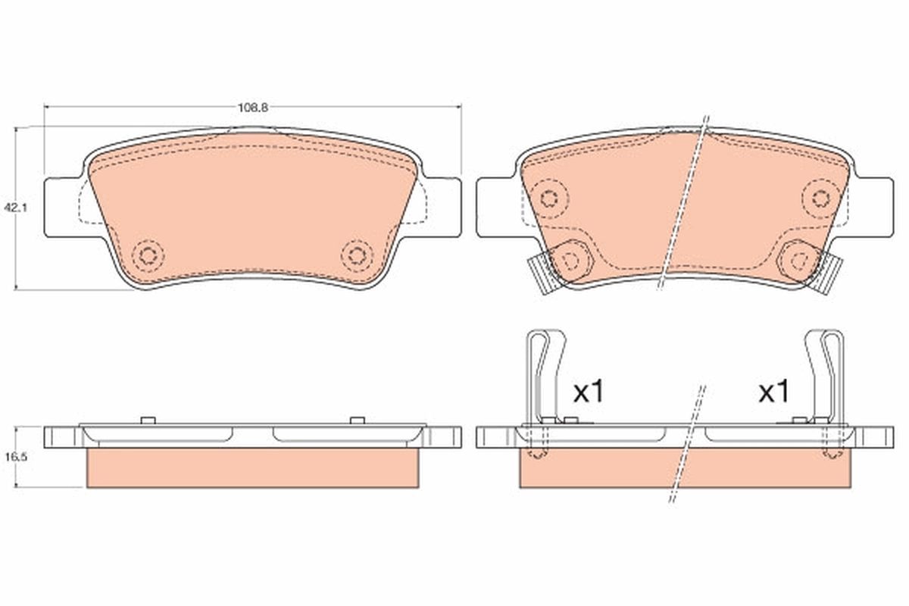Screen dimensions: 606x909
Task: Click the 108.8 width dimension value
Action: tap(253, 108)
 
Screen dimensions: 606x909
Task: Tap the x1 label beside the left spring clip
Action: tap(589, 392)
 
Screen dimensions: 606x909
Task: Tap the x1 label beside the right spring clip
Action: tap(773, 392)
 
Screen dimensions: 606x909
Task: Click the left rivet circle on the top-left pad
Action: tap(148, 255)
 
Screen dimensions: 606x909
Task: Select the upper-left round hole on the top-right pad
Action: tap(550, 198)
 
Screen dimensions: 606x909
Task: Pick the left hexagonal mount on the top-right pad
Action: tap(572, 260)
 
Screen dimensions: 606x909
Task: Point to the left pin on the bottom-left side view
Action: tap(148, 420)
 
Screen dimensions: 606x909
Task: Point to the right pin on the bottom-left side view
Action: tap(358, 420)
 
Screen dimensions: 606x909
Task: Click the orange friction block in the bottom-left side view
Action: tap(253, 467)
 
